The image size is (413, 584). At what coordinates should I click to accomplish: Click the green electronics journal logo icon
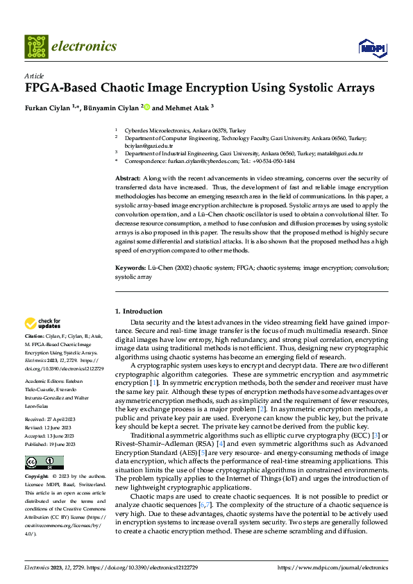tap(35, 46)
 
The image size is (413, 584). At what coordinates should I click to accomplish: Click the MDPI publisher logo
tap(370, 47)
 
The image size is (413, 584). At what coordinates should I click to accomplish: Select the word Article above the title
tap(34, 76)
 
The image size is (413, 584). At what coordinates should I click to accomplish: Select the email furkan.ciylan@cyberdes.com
tap(194, 161)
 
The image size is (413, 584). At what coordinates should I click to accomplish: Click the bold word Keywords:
tap(131, 267)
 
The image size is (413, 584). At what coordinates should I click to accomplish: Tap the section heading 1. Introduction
tap(138, 311)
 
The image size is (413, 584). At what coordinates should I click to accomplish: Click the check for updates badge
tap(42, 323)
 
